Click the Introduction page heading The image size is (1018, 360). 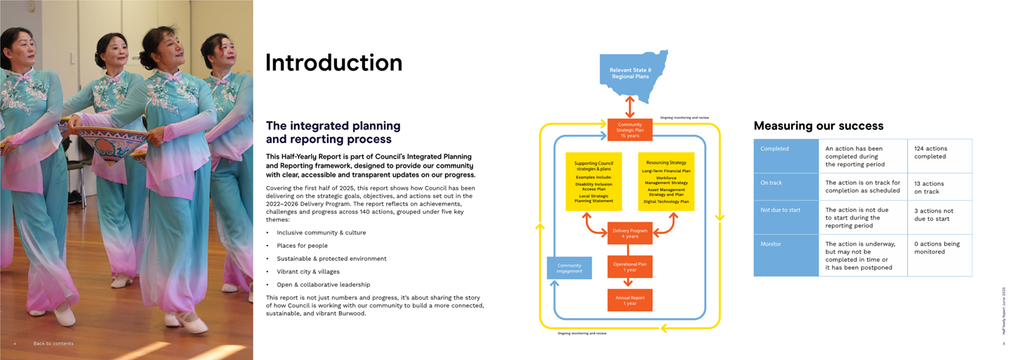pos(333,62)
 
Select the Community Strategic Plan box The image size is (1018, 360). pos(630,130)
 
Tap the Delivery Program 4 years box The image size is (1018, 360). pos(630,233)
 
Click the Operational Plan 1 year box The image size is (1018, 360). pos(630,267)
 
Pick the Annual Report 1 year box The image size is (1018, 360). pos(630,300)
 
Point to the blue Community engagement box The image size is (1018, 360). pos(569,268)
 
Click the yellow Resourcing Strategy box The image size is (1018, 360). pos(666,181)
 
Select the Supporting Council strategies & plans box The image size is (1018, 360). pos(593,181)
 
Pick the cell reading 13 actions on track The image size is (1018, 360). pos(939,187)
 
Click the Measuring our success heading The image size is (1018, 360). pos(818,126)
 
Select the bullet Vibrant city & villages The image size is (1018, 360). pos(308,272)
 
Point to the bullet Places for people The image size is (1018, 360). pos(302,246)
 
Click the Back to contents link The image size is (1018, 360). pos(53,343)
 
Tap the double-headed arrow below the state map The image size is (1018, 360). pos(630,107)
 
